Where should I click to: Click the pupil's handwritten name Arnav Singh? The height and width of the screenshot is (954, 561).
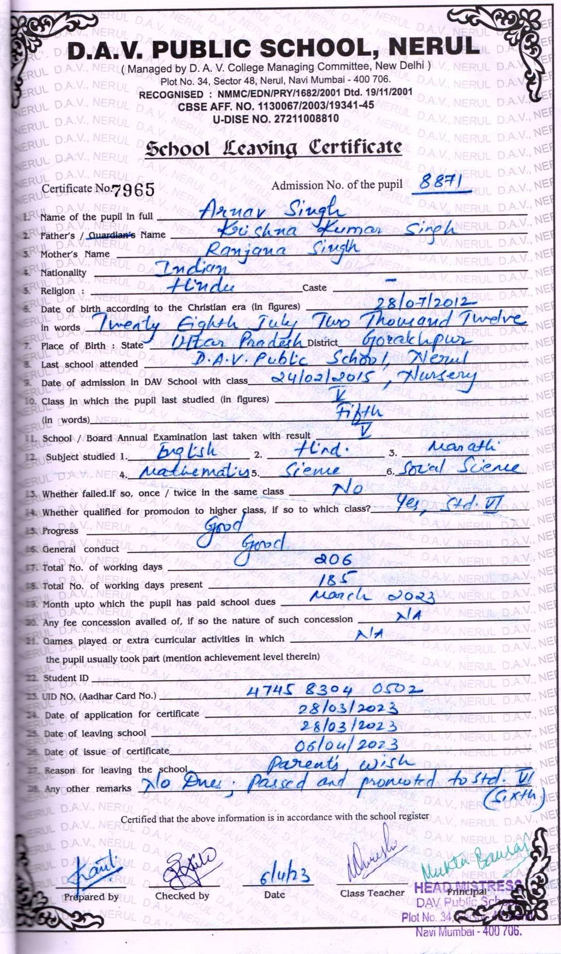(x=272, y=209)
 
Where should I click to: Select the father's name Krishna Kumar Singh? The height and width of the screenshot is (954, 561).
(x=336, y=229)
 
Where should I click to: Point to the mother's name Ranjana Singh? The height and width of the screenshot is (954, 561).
(x=283, y=249)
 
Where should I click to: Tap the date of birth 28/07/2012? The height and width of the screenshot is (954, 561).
(x=423, y=303)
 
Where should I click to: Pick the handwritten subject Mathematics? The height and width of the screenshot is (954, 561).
(x=194, y=471)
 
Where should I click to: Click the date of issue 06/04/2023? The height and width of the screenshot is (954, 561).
(x=346, y=745)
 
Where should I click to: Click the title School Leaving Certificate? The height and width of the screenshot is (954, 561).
(x=274, y=148)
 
